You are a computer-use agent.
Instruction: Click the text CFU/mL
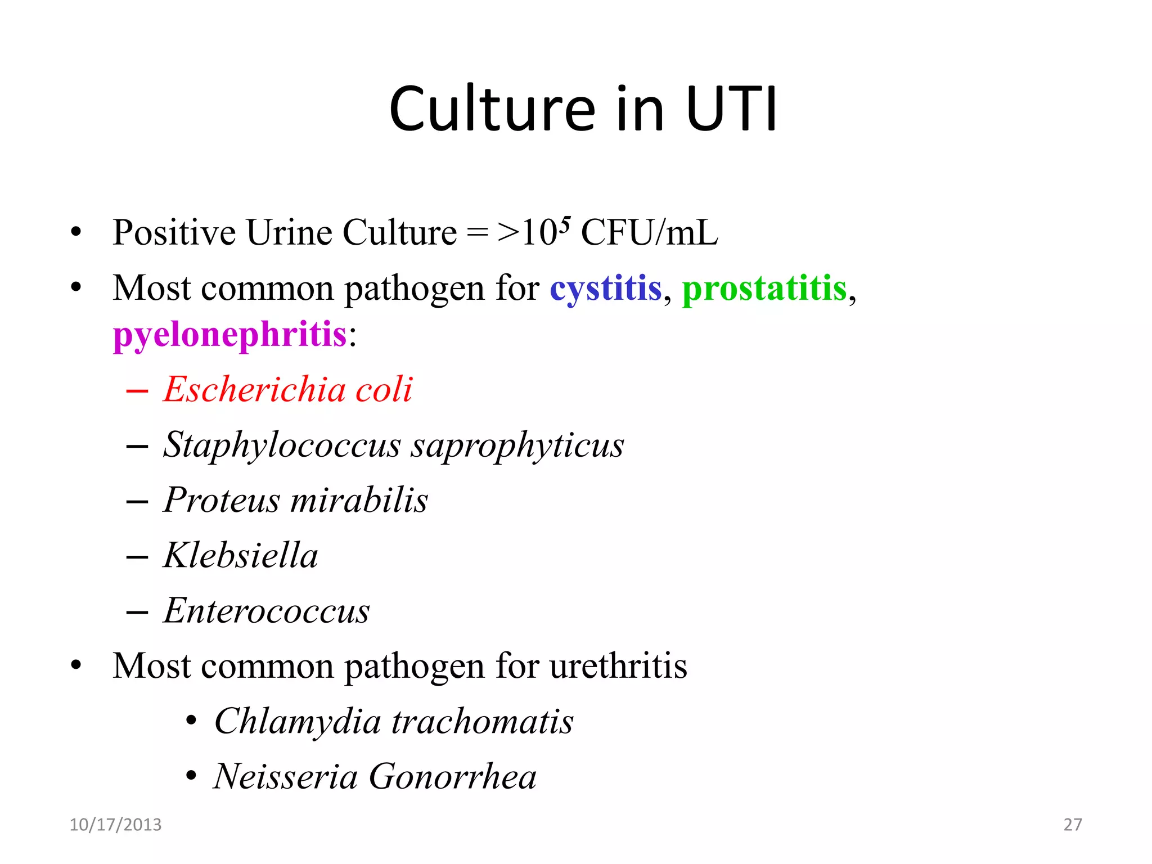649,232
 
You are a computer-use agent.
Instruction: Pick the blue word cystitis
605,289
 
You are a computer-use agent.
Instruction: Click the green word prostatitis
764,289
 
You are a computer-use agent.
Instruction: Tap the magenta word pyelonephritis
229,335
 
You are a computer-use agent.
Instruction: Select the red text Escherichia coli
288,389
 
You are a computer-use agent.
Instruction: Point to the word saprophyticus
517,445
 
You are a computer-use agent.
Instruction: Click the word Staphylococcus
282,444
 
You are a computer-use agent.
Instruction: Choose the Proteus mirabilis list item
295,499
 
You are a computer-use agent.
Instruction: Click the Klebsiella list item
241,555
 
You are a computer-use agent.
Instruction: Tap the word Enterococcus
267,611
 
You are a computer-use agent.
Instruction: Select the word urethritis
618,666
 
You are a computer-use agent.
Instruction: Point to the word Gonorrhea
452,777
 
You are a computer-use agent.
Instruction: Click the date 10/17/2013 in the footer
115,825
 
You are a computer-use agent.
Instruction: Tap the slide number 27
1072,825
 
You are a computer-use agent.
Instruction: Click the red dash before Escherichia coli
137,390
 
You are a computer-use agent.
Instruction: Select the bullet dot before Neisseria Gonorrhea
191,776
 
